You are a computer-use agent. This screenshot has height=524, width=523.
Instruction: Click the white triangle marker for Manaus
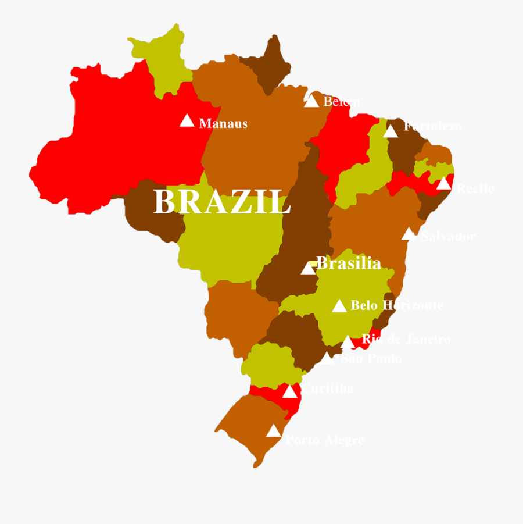point(187,121)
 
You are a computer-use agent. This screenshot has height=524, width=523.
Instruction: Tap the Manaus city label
point(223,123)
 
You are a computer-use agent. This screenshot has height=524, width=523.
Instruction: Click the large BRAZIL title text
point(221,202)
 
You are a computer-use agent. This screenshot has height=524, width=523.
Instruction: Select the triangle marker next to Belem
point(311,101)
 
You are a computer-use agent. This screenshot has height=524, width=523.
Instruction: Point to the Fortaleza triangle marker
point(391,132)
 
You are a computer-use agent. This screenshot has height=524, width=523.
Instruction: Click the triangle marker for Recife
point(444,184)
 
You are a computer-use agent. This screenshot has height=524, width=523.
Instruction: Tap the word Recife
point(475,188)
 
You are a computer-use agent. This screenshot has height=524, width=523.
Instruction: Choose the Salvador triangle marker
point(409,234)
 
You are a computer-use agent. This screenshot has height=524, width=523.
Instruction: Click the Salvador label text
point(448,236)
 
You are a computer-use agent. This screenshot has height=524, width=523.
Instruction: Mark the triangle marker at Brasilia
point(308,268)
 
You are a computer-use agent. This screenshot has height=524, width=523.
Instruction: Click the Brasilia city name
point(349,263)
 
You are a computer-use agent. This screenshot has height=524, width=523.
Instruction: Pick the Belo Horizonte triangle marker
point(339,306)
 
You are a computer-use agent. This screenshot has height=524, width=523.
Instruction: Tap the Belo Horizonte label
point(397,305)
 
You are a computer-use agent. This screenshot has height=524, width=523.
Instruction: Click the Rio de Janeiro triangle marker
point(348,342)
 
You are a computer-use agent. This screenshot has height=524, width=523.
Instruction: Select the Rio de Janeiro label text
point(406,338)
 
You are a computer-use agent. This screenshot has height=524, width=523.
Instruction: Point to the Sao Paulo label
point(371,359)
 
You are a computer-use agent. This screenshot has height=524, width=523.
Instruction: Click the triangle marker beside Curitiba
point(289,392)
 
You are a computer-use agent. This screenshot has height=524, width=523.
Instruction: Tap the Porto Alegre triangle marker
point(273,431)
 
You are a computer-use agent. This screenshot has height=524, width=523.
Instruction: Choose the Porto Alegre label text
point(324,440)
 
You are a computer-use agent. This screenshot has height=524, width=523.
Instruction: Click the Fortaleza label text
point(433,126)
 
